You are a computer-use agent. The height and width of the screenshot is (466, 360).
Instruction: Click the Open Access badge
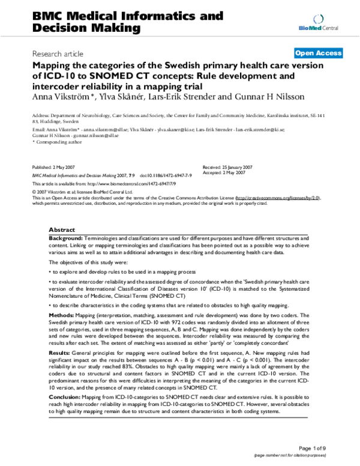(319, 53)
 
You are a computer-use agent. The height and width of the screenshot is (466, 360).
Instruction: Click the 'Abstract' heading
(62, 230)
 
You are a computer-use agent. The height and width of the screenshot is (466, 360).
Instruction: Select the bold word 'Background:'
(66, 238)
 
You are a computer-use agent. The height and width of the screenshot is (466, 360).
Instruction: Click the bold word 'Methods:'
(62, 314)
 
